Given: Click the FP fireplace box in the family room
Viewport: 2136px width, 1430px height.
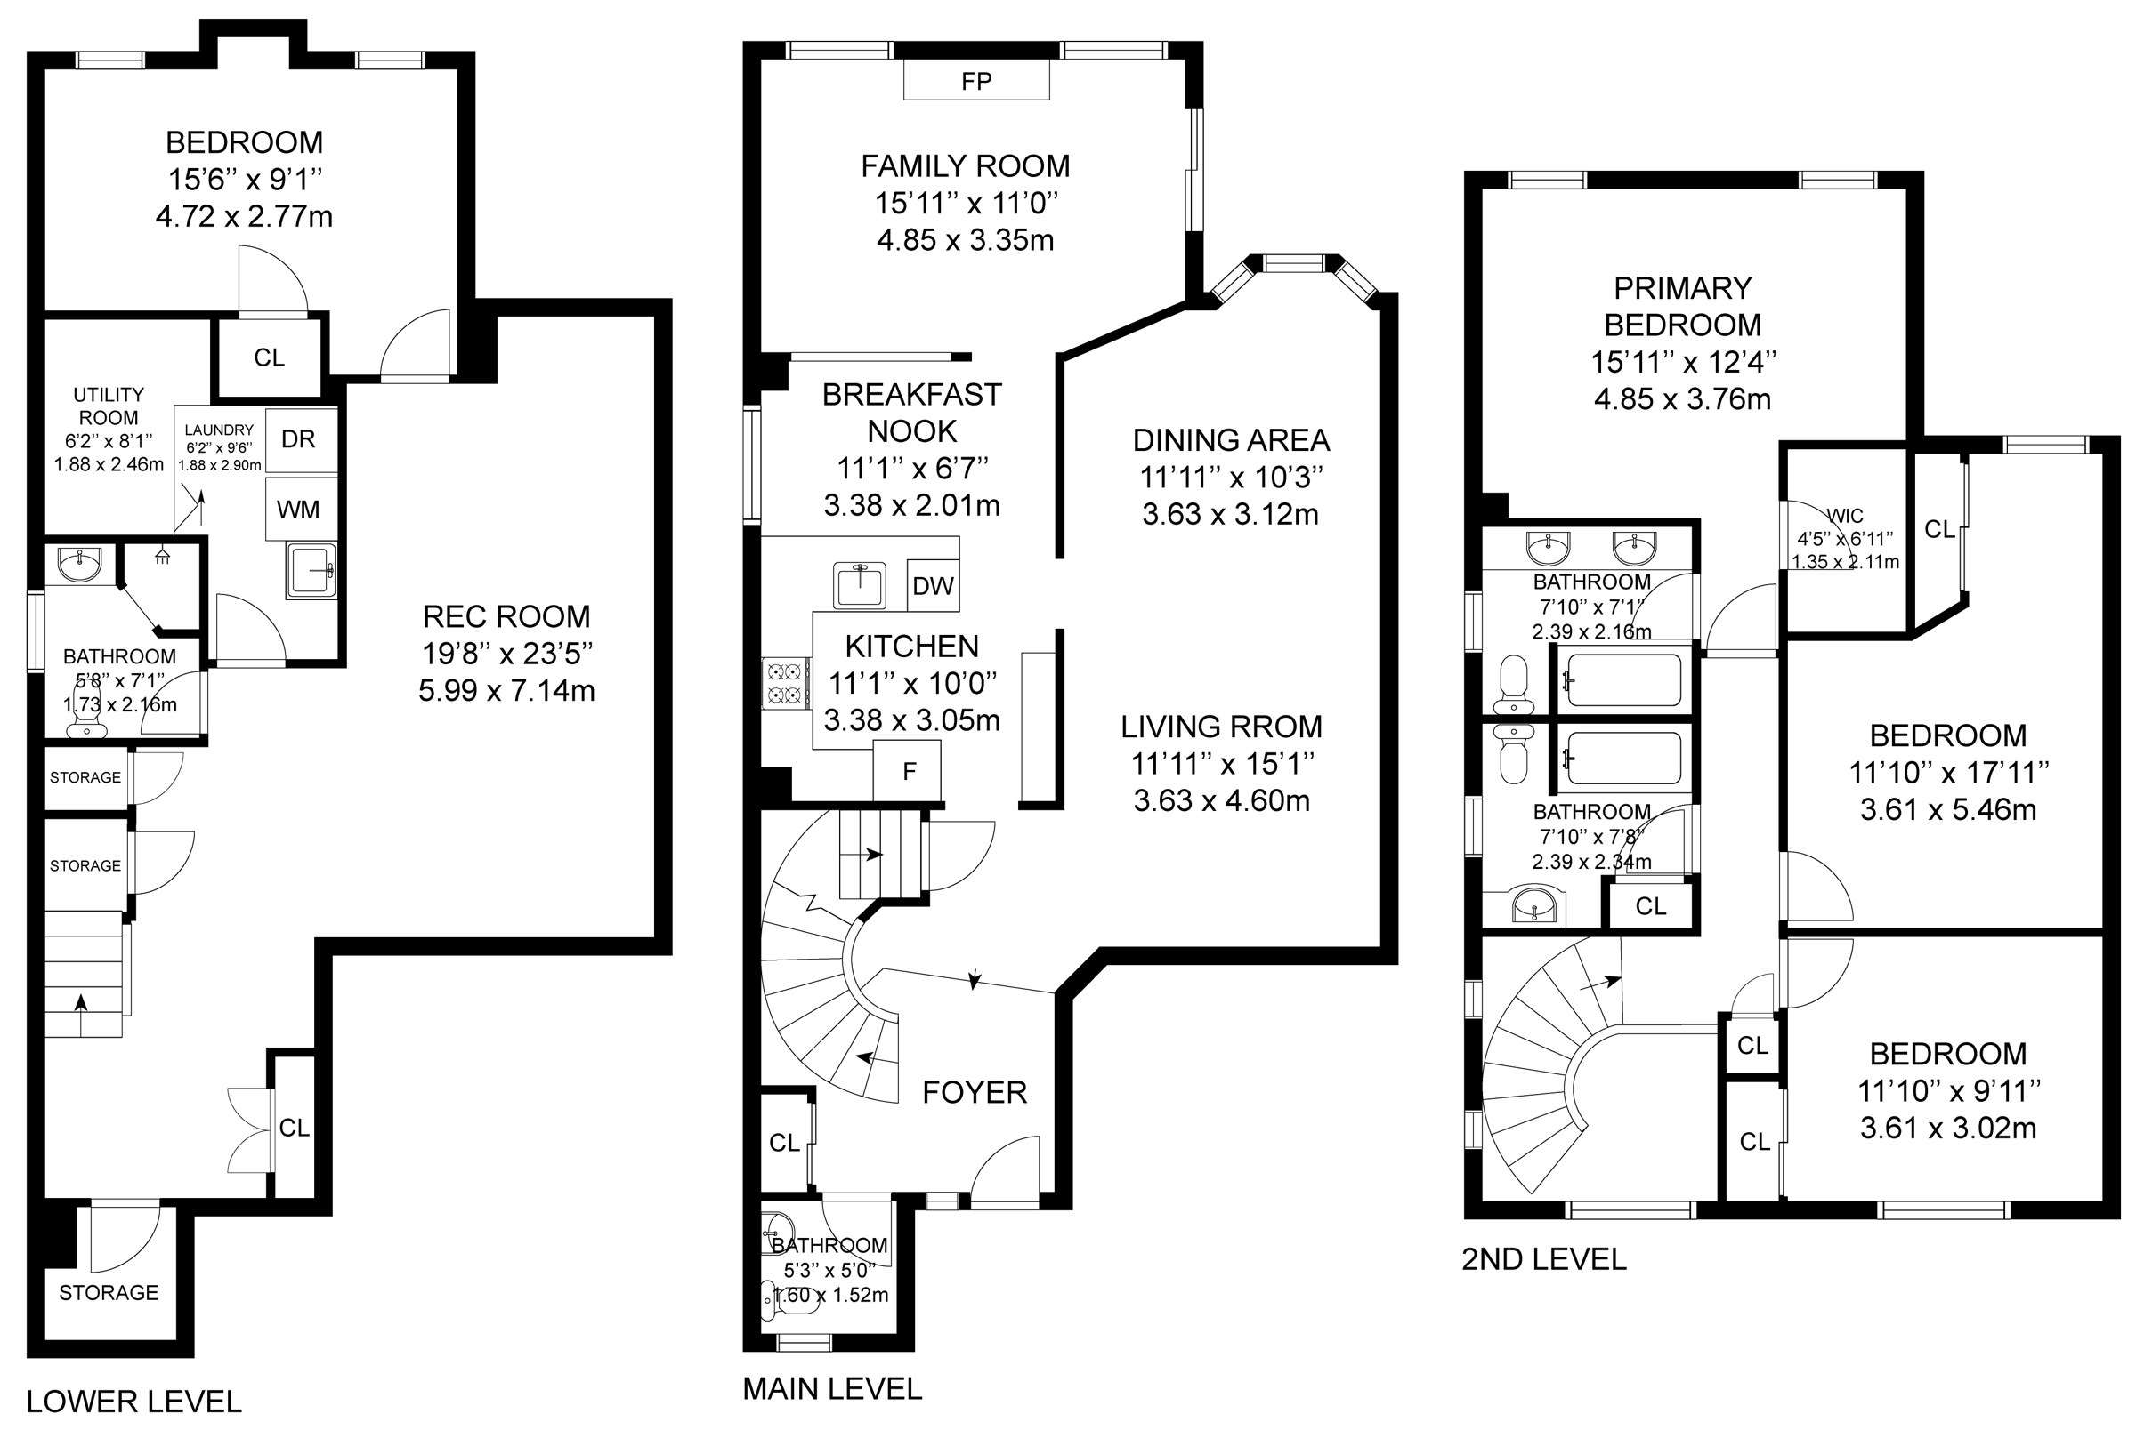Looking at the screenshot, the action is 976,80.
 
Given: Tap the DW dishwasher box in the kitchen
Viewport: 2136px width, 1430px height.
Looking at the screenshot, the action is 933,585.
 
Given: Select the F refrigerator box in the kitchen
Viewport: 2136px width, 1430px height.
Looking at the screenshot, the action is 909,772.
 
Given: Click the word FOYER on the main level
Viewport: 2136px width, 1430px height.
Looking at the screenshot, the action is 975,1093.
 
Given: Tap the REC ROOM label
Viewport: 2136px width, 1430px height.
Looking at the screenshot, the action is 506,616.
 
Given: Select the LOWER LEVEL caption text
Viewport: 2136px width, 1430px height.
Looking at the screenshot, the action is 134,1401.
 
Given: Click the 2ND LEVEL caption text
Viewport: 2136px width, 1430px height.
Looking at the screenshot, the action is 1544,1259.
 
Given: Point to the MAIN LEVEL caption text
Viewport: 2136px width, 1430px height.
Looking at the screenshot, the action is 832,1388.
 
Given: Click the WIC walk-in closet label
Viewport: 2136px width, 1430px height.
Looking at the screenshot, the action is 1845,516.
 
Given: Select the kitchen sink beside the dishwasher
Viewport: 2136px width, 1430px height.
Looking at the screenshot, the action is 859,585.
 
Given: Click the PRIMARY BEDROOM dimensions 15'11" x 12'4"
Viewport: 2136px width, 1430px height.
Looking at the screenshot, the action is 1683,362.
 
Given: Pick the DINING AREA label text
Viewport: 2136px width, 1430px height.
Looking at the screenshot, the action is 1231,440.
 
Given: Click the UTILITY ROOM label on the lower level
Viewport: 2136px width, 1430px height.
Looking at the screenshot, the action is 109,406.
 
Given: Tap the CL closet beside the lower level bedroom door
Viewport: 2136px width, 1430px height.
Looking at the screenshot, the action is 269,357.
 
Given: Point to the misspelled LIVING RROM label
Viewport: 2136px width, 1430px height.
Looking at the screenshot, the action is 1222,727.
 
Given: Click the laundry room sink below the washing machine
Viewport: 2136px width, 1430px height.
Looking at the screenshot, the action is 311,571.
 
